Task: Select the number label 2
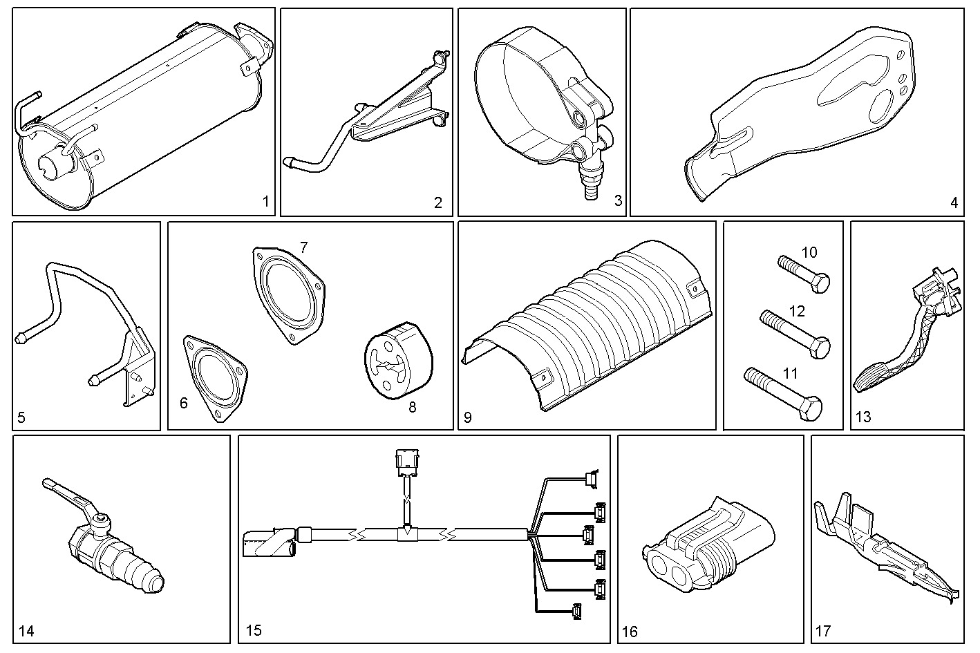click(437, 202)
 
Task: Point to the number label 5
click(21, 417)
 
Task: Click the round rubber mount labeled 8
click(397, 359)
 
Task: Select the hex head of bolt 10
click(820, 283)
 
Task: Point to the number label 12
click(797, 311)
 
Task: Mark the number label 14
click(26, 631)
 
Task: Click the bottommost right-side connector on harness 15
click(576, 612)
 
